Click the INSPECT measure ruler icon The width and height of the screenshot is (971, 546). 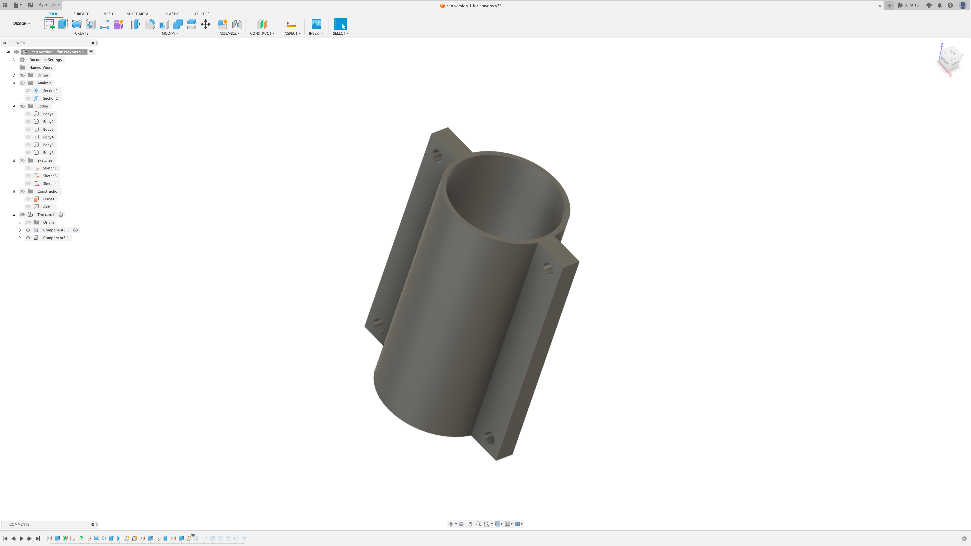[x=291, y=24]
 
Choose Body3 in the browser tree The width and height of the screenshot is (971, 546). [x=48, y=129]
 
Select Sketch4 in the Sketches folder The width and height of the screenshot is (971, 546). [x=50, y=183]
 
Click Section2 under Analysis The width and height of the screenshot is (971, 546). [x=50, y=98]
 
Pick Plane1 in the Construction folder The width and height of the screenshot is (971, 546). [x=49, y=199]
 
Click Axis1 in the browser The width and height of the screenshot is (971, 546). [x=48, y=207]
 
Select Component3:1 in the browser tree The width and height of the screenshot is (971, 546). [x=56, y=238]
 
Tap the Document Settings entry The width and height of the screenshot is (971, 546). [x=45, y=60]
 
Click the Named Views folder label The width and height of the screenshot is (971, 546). [x=41, y=67]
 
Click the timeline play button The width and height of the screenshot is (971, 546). [x=22, y=538]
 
